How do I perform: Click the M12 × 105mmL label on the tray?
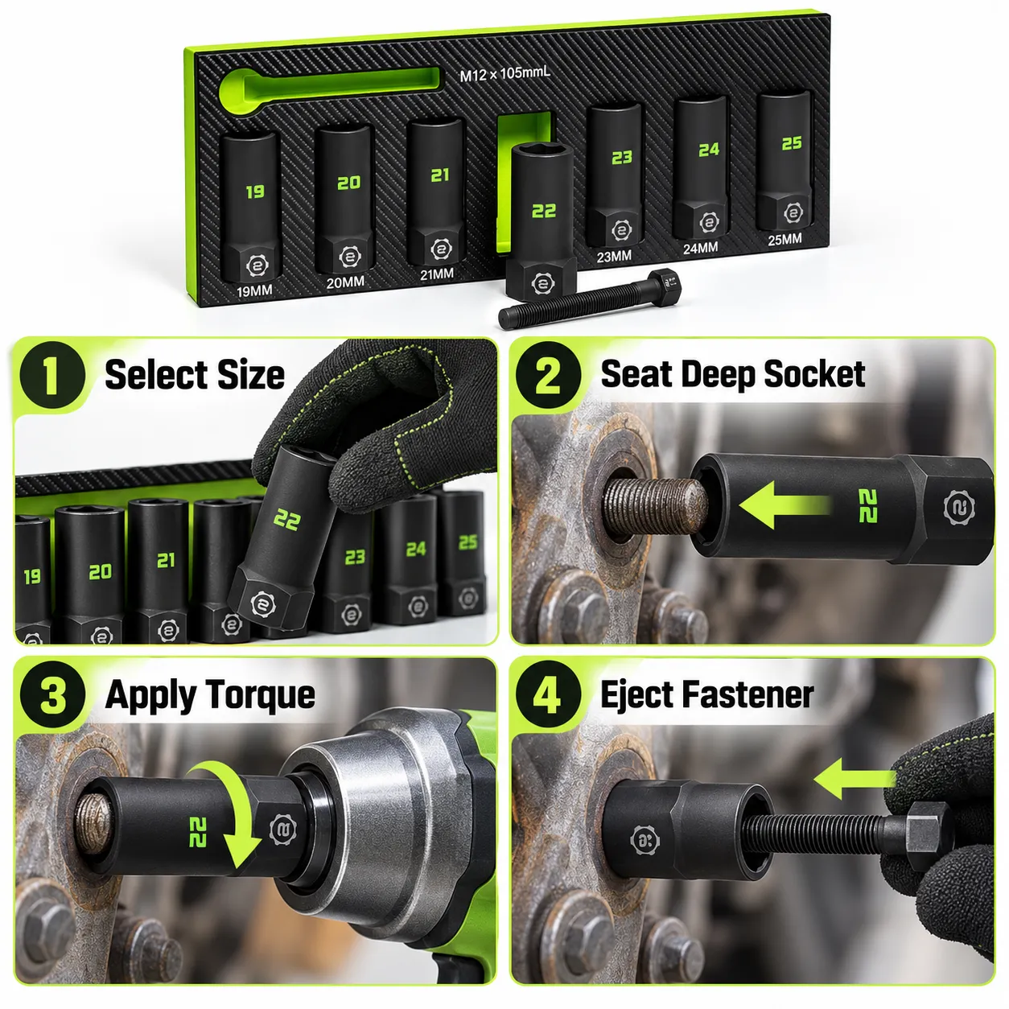(504, 74)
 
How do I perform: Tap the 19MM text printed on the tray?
(254, 290)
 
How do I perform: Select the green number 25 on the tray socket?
(791, 143)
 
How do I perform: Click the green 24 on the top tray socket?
(708, 150)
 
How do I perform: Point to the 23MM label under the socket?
(614, 257)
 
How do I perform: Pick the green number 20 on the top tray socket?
(348, 183)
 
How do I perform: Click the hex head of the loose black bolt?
(664, 286)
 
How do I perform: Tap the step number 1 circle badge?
(51, 375)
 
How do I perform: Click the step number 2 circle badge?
(548, 375)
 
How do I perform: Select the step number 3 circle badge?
(51, 695)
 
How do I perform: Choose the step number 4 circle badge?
(548, 695)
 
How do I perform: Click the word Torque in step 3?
(262, 697)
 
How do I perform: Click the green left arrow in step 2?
(784, 504)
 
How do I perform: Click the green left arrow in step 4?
(855, 779)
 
